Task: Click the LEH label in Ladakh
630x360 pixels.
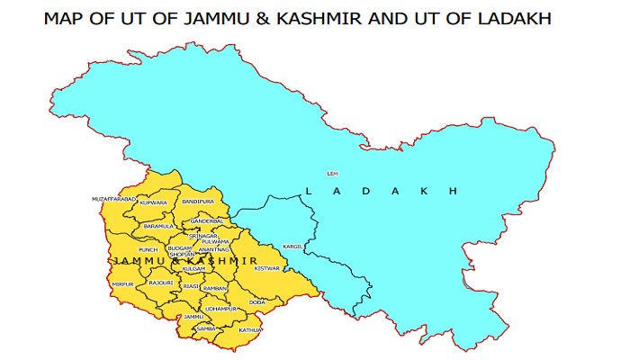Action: coord(332,173)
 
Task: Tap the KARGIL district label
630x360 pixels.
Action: coord(293,245)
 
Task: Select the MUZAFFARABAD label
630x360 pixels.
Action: coord(114,198)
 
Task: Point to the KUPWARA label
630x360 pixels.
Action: coord(153,203)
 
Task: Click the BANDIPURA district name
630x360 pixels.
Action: coord(198,202)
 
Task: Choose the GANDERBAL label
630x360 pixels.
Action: coord(207,220)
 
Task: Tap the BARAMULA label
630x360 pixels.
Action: coord(159,226)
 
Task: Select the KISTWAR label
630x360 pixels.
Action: coord(268,268)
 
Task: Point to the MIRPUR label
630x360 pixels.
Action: coord(123,283)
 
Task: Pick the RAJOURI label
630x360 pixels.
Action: coord(161,283)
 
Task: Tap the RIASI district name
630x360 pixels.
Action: coord(191,286)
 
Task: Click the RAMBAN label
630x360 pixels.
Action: coord(215,287)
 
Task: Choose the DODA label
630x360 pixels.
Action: coord(256,302)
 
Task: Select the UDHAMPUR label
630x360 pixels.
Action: coord(220,309)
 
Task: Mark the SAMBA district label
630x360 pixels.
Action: coord(206,329)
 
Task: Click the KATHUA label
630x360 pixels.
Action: coord(249,330)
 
